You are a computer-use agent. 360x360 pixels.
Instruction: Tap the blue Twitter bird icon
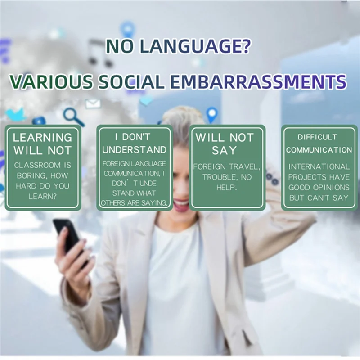coord(15,115)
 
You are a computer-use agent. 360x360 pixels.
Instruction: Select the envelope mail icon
coord(93,104)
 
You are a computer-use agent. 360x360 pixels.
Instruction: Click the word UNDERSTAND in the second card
coord(134,149)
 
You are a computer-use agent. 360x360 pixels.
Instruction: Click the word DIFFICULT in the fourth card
coord(317,137)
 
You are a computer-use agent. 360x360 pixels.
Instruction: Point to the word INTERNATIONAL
coord(319,166)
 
